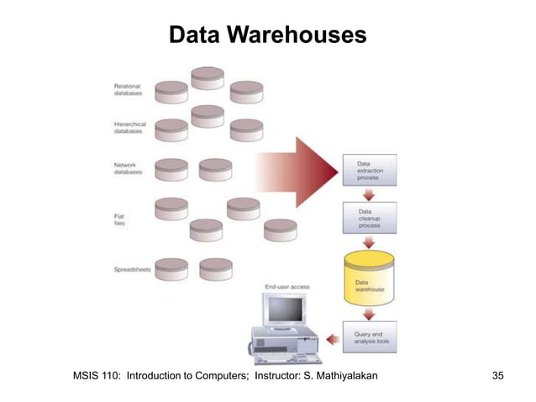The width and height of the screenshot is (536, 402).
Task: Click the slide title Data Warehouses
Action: coord(267,35)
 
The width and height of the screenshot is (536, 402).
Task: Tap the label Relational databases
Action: coord(128,89)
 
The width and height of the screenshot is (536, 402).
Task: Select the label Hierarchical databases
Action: coord(130,127)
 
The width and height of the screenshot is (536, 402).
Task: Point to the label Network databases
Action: coord(128,168)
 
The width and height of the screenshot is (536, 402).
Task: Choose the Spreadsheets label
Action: coord(133,269)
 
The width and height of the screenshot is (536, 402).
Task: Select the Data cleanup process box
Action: coord(371,220)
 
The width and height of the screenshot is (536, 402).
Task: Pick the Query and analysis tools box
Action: coord(371,338)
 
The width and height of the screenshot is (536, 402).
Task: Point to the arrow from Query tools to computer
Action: coord(332,339)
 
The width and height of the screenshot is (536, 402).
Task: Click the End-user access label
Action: coord(287,287)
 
